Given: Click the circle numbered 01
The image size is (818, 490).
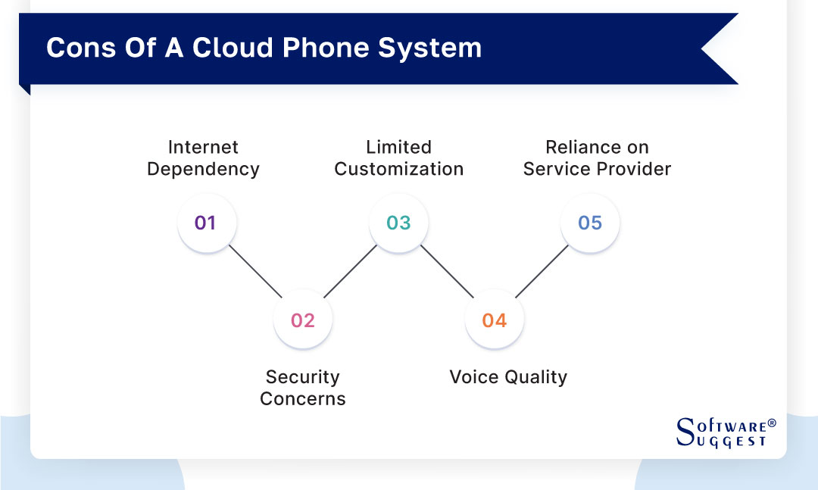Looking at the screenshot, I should click(x=206, y=223).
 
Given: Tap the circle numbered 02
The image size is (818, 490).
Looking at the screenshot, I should click(x=302, y=320).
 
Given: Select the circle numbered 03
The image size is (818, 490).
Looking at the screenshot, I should click(x=398, y=223).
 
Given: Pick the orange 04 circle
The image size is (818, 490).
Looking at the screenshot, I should click(x=494, y=320).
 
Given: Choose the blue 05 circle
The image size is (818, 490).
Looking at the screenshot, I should click(x=590, y=223).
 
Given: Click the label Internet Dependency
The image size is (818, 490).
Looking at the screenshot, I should click(x=203, y=158).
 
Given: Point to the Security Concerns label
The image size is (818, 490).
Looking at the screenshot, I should click(x=302, y=388).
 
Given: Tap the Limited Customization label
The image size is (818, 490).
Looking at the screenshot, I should click(x=398, y=158).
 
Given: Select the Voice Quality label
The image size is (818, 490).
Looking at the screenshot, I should click(x=508, y=377).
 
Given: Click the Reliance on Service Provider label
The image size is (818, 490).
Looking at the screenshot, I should click(x=597, y=158).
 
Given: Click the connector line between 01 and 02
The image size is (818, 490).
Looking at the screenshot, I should click(x=254, y=271).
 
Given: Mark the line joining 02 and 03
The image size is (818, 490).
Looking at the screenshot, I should click(x=350, y=271).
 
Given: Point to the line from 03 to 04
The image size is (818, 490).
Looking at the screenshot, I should click(x=446, y=271).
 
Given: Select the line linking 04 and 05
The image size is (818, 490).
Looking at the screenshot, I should click(x=542, y=271).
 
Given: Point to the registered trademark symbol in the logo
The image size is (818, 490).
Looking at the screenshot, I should click(x=772, y=423).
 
